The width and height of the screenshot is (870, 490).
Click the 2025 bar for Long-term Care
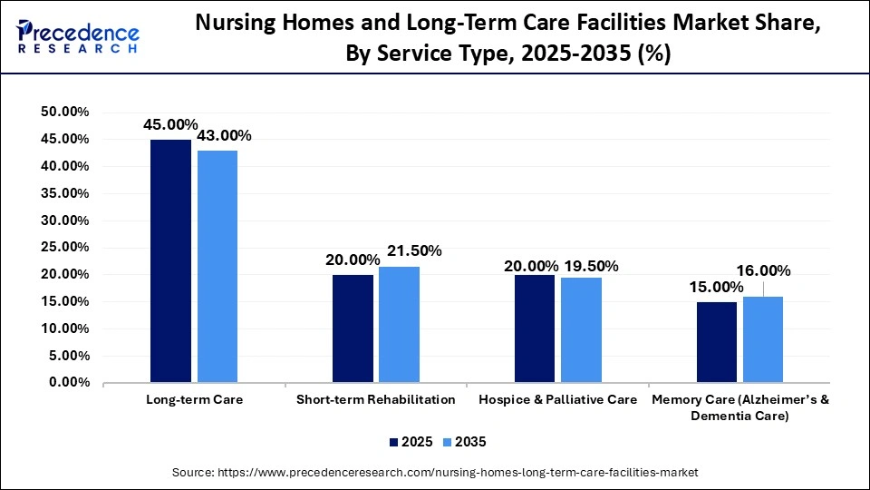(x=170, y=261)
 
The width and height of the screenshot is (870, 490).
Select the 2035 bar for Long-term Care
(x=217, y=267)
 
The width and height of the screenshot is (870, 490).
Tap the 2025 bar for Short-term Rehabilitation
(x=353, y=328)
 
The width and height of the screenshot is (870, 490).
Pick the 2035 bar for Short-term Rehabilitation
(x=399, y=325)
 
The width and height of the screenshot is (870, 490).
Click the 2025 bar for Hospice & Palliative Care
(x=535, y=328)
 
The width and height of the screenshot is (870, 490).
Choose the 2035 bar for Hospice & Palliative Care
(x=581, y=330)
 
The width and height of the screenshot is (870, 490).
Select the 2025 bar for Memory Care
(x=717, y=342)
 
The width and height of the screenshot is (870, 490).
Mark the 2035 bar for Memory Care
(x=763, y=339)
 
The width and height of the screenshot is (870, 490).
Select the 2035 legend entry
(x=465, y=442)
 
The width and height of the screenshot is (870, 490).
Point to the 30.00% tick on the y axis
(x=64, y=220)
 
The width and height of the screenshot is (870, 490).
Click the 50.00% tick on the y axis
(x=64, y=112)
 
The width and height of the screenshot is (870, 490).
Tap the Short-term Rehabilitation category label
(x=375, y=399)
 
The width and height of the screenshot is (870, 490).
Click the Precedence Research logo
(x=77, y=37)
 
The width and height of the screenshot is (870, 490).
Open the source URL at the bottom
(x=435, y=472)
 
